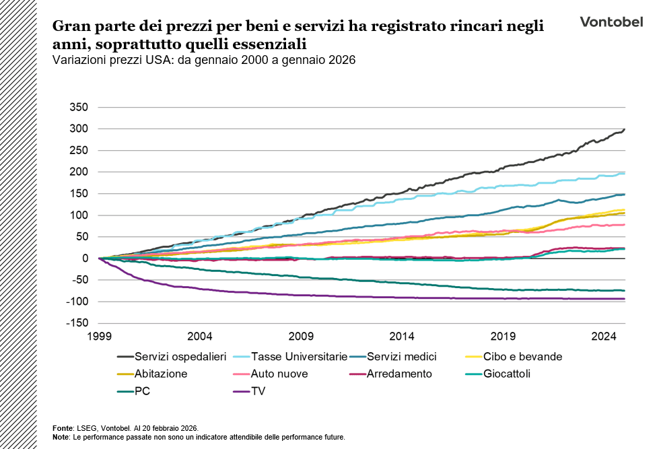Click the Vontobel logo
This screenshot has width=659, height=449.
point(611,22)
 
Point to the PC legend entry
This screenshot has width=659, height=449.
point(142,391)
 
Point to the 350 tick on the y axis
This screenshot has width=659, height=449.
point(79,107)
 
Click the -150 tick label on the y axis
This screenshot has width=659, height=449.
point(78,323)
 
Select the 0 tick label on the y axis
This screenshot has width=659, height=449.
point(85,258)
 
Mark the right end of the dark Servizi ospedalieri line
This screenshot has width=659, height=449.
point(624,129)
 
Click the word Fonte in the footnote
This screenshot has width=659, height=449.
point(63,428)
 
